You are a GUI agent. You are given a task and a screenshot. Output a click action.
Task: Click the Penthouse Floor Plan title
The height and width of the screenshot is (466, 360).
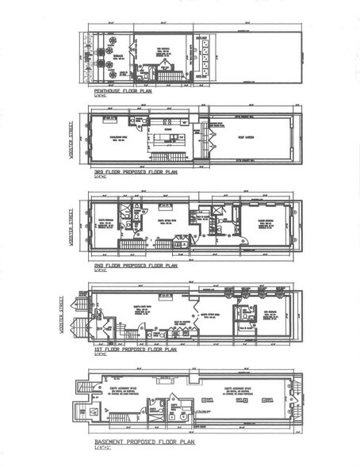(123, 91)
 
